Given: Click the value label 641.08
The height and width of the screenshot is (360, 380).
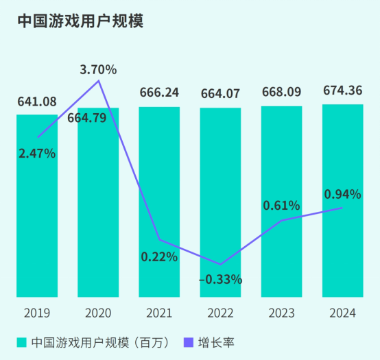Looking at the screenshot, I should [37, 102].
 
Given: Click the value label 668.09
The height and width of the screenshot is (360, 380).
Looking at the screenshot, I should [281, 93].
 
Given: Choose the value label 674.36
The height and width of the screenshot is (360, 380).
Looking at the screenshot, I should [342, 90].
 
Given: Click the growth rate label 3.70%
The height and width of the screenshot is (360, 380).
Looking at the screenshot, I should [98, 69].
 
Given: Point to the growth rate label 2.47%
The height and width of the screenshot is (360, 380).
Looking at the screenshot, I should [37, 153].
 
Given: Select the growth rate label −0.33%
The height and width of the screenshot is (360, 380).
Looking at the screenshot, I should [220, 279].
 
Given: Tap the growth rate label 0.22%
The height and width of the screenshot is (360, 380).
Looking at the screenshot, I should [159, 257].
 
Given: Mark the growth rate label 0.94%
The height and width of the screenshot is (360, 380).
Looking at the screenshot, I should [342, 195].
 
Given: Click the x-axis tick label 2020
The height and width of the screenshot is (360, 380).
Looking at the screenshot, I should [98, 313].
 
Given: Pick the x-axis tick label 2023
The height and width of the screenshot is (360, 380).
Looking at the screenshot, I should [281, 313].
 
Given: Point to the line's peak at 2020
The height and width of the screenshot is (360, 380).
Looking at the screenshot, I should [99, 81].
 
